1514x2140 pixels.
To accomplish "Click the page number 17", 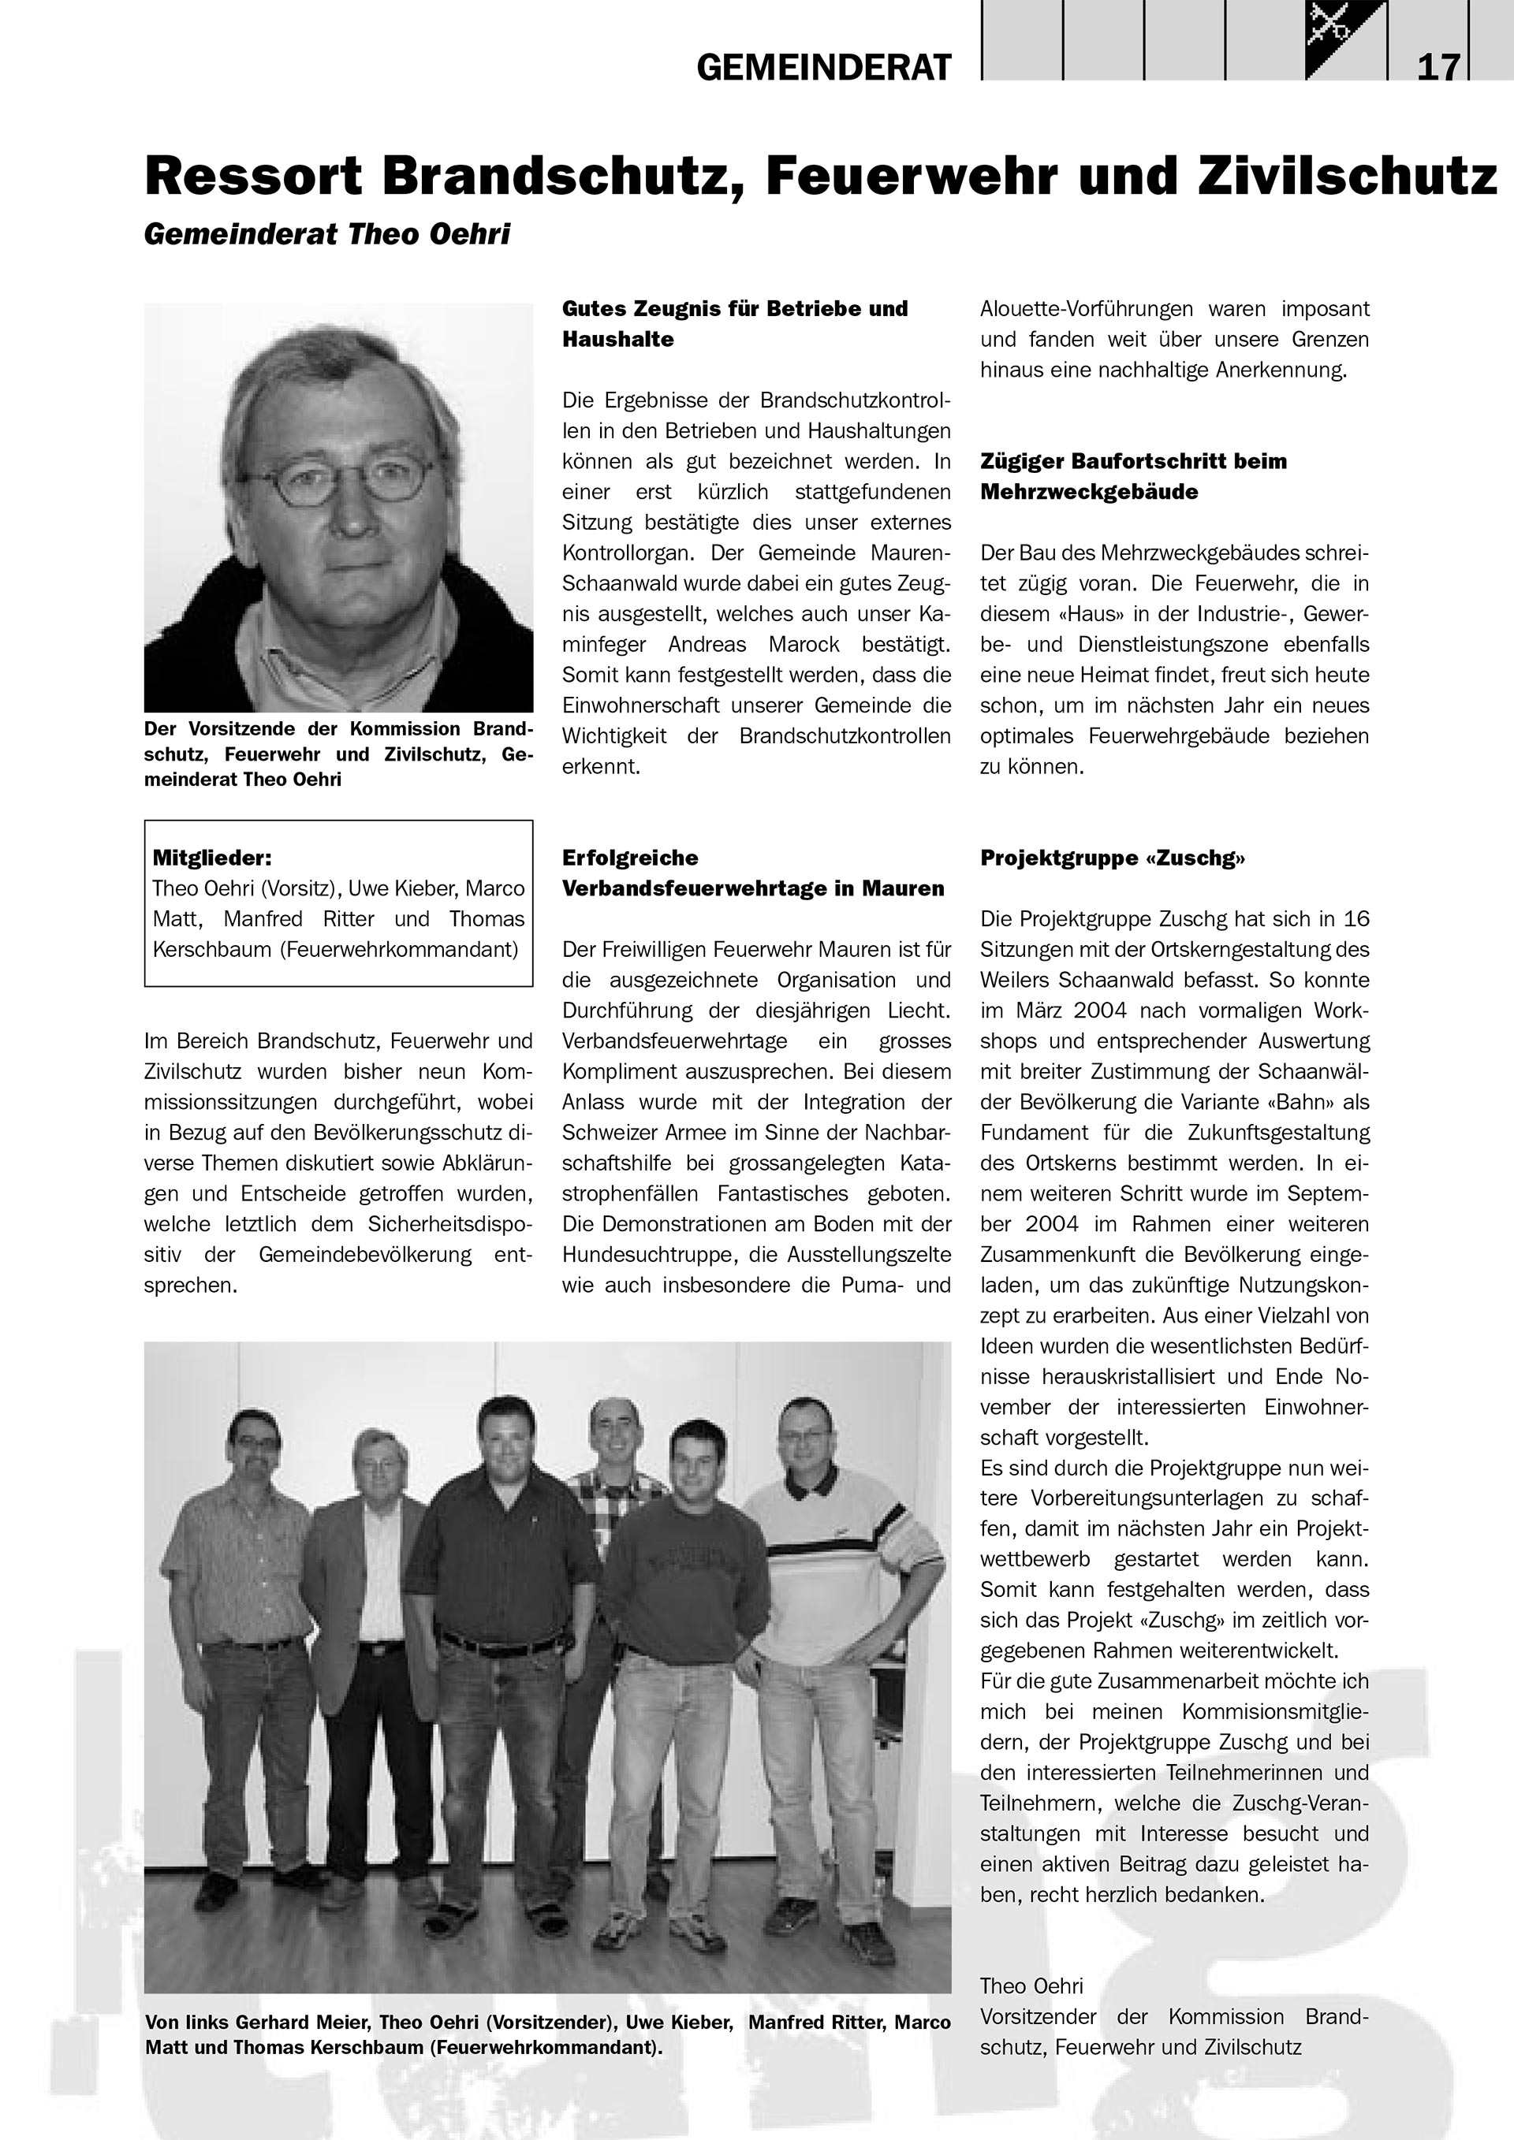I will pyautogui.click(x=1438, y=67).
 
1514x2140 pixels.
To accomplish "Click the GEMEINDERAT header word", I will pyautogui.click(x=824, y=67).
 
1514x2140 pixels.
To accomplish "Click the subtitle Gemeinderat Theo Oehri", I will pyautogui.click(x=327, y=234).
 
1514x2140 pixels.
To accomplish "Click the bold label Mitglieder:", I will pyautogui.click(x=211, y=858).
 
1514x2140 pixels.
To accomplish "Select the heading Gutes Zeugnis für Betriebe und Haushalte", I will pyautogui.click(x=735, y=323).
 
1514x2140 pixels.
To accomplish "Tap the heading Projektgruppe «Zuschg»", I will pyautogui.click(x=1112, y=858).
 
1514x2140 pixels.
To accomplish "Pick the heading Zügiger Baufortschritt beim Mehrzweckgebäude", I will pyautogui.click(x=1132, y=476).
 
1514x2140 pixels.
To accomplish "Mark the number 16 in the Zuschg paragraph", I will pyautogui.click(x=1356, y=919).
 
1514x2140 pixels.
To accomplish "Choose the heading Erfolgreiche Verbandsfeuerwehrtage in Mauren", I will pyautogui.click(x=752, y=873).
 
